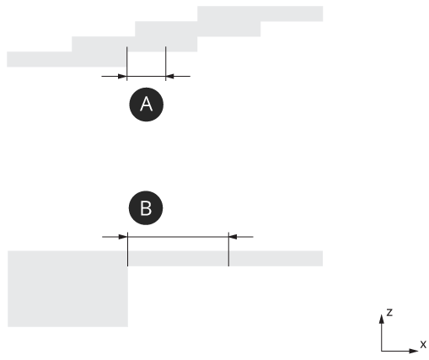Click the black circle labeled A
pos(146,105)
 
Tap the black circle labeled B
pos(146,208)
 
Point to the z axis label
pos(389,312)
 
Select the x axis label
pos(423,344)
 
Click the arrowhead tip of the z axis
pos(382,314)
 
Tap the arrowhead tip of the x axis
pos(418,351)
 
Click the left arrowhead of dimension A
pos(122,76)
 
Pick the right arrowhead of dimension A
pos(170,76)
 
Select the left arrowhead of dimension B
pos(123,237)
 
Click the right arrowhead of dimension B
pos(233,237)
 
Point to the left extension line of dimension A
pos(127,63)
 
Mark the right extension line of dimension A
pos(166,63)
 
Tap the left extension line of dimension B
pos(127,250)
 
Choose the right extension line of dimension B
pos(228,250)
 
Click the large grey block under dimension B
pos(67,289)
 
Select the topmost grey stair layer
pos(260,13)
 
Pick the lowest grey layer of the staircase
pos(67,59)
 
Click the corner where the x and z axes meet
pos(382,351)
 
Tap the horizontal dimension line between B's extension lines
pos(178,237)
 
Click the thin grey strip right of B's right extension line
pos(276,259)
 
